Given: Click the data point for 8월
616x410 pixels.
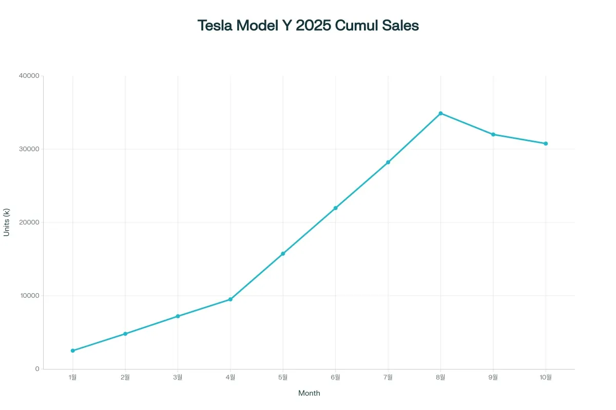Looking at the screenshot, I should click(440, 113).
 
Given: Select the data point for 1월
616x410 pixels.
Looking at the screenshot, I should click(72, 351).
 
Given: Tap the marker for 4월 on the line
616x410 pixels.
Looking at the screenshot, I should click(230, 299).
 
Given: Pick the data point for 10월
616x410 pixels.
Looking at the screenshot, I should click(546, 143).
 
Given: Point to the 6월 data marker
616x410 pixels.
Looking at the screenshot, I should click(335, 208).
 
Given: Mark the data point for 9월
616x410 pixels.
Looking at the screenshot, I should click(493, 134).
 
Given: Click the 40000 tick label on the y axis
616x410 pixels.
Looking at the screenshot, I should click(29, 76).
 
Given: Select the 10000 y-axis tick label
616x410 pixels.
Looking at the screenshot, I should click(29, 296).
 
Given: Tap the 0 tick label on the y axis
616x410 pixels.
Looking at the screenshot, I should click(37, 369).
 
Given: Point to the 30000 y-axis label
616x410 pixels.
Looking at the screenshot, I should click(29, 149).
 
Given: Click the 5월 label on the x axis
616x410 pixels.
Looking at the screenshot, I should click(283, 378).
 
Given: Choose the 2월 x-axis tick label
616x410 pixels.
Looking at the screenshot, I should click(125, 378).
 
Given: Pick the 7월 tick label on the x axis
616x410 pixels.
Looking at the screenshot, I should click(388, 378).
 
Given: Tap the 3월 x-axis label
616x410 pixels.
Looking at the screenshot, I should click(178, 378).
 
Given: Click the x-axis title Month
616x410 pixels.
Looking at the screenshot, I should click(309, 393).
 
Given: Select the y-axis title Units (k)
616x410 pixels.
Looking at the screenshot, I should click(7, 222).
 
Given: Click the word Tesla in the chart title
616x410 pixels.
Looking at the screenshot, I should click(215, 26).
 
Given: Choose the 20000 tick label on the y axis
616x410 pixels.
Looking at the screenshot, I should click(29, 222).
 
